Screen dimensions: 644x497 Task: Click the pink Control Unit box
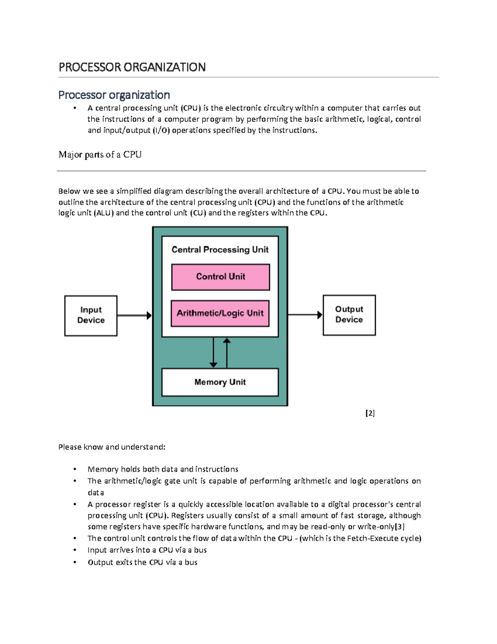(x=220, y=277)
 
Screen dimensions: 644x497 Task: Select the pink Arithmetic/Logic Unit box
(x=220, y=313)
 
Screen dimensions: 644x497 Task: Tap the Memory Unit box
(x=220, y=382)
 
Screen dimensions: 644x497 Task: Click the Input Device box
(x=91, y=316)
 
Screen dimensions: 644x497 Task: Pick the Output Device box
(x=349, y=315)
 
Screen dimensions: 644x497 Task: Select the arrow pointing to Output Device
(x=305, y=315)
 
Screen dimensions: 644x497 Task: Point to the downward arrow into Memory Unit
(x=213, y=352)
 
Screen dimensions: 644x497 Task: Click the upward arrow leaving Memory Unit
(x=227, y=352)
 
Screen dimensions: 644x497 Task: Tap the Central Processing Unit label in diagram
(x=220, y=250)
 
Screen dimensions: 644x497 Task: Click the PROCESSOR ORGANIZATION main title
(x=132, y=67)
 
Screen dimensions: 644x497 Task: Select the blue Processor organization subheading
(x=114, y=95)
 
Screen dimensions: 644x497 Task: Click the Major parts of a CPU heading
(x=100, y=155)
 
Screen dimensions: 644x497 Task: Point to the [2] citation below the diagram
(x=370, y=413)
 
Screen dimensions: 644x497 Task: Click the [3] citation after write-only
(x=399, y=527)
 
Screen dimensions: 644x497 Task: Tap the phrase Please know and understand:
(x=112, y=447)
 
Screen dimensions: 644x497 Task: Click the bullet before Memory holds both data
(x=75, y=469)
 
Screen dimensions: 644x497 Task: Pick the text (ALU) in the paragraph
(x=104, y=213)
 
